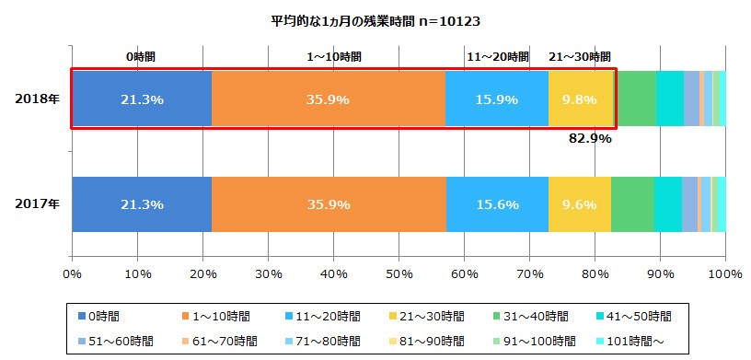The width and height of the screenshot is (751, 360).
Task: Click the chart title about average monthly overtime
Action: coord(376,20)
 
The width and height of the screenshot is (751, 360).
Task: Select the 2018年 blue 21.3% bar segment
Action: coord(142,99)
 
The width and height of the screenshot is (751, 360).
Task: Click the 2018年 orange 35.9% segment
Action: coord(329,99)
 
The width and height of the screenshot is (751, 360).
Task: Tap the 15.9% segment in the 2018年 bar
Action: coord(496,99)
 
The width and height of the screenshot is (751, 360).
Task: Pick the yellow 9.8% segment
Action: coord(581,99)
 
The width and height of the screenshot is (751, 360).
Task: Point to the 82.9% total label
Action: coord(589,139)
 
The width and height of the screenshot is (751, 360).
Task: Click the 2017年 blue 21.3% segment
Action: coord(142,204)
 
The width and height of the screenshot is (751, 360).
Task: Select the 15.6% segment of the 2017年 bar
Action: coord(497,204)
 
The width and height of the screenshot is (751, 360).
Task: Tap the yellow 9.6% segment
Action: coord(580,204)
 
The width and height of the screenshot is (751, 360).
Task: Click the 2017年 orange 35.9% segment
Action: coord(329,204)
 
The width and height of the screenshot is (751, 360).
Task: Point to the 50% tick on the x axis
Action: coord(399,273)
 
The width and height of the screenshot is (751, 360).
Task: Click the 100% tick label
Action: coord(725,273)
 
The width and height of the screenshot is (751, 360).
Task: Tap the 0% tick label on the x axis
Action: coord(72,273)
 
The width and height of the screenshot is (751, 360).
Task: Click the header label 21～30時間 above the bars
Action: coord(580,57)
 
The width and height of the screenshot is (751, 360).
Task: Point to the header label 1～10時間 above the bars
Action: coord(333,57)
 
